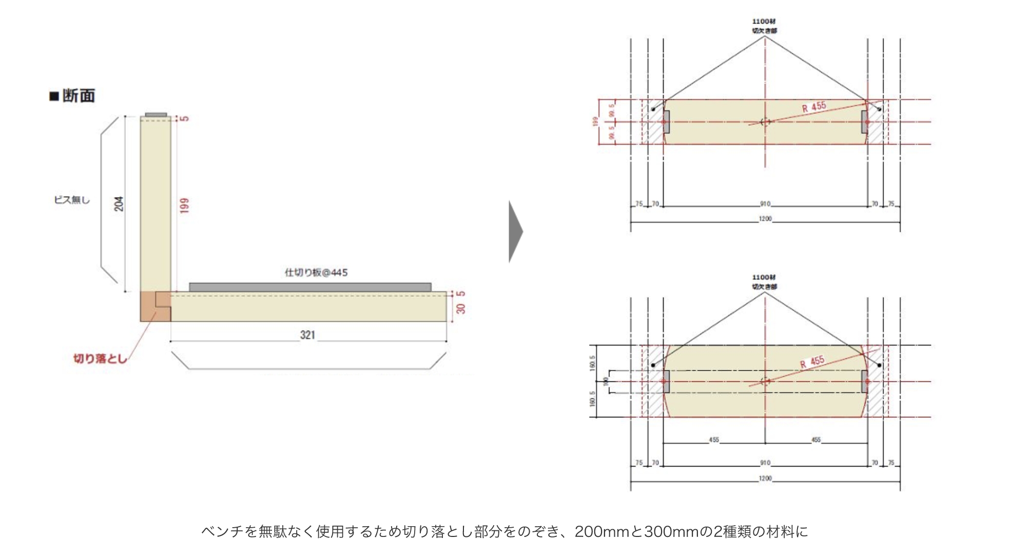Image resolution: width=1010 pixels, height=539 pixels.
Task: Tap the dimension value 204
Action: click(x=119, y=204)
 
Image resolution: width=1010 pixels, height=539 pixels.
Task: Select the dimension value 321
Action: click(x=307, y=335)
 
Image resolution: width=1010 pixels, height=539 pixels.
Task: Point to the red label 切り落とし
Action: click(x=100, y=358)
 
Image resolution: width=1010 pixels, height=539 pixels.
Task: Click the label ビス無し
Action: click(x=72, y=200)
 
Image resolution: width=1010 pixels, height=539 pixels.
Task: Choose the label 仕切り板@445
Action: click(x=316, y=273)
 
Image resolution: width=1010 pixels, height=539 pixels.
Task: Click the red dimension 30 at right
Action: click(x=460, y=309)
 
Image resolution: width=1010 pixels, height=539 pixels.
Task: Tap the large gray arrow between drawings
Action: click(x=515, y=232)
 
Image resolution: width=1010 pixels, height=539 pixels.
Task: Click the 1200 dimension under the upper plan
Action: click(x=765, y=219)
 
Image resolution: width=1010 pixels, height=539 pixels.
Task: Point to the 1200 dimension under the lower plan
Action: click(x=765, y=478)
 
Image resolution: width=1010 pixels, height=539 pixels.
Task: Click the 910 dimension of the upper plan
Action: click(x=765, y=204)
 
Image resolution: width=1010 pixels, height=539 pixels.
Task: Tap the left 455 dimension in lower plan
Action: click(x=714, y=440)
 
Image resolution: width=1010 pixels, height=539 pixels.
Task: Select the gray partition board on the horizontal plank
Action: click(x=310, y=287)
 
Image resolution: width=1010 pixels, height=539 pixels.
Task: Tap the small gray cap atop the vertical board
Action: click(x=156, y=114)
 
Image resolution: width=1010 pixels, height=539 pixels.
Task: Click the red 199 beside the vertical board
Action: click(x=185, y=205)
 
